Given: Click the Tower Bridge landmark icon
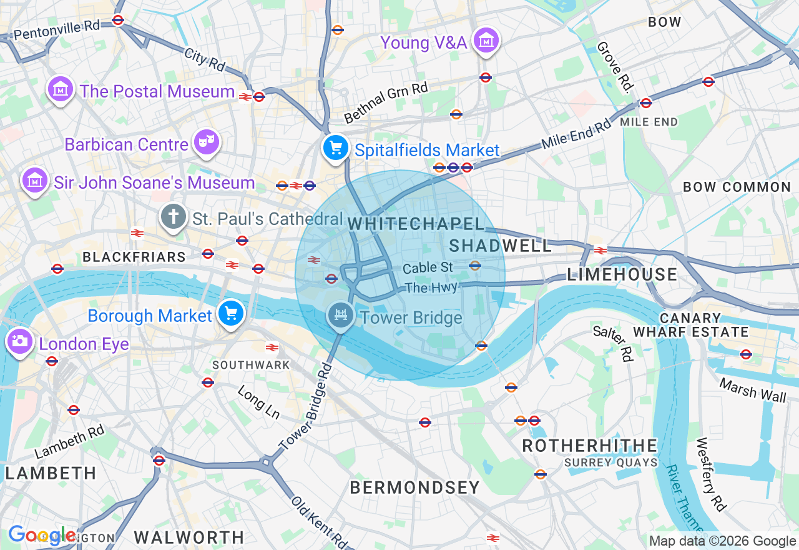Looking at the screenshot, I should coord(341,314).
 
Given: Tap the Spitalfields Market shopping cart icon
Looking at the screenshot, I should coord(336,147).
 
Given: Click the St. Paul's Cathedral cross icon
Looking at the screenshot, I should coord(173,217).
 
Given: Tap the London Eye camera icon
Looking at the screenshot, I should coord(19,341).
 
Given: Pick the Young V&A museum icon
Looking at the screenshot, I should coord(485,41).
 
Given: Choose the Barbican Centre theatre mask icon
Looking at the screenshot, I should coord(206,142).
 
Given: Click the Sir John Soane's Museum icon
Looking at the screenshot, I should coord(35,181).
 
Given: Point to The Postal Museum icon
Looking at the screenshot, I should coord(61,89).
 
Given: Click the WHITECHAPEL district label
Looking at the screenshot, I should coord(416,224).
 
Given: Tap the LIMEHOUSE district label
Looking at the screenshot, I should coord(622,274).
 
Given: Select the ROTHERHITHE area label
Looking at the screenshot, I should coord(590,446).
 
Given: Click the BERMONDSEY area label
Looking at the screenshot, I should coord(414,487).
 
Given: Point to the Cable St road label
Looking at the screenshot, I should coord(428,268).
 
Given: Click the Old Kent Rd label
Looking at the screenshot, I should coord(318,521).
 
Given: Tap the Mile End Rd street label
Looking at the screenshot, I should coord(576,134).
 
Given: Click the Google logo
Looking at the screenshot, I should coord(41,535).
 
